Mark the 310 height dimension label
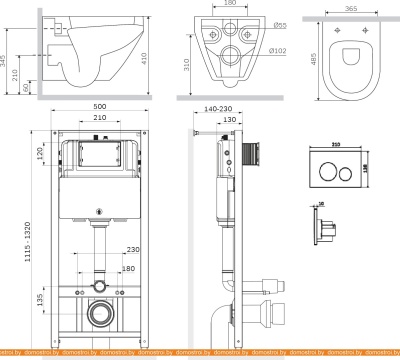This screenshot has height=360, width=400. pos(187,64)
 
